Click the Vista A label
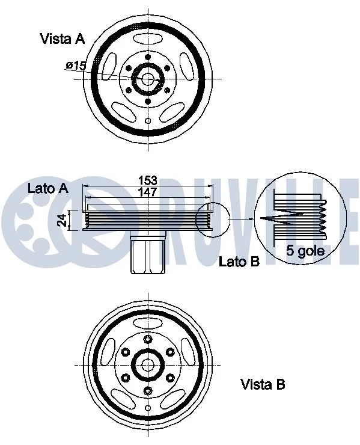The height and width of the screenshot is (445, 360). coord(62,39)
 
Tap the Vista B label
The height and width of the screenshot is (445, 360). coord(262,384)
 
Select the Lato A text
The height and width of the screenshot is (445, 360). coord(47,188)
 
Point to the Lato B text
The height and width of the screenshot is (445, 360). coord(239,262)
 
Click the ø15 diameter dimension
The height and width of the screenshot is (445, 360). coord(76,65)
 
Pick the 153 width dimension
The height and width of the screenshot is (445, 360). coord(147,180)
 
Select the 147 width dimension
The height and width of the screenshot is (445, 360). coord(147,192)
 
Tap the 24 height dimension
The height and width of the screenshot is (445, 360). coord(61,220)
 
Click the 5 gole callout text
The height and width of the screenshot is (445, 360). coord(305,251)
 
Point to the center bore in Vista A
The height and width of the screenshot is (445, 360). coord(147,79)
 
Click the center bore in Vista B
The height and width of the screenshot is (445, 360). coord(147,365)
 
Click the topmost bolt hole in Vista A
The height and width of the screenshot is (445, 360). coord(147,57)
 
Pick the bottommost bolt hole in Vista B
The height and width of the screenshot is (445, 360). coord(147,390)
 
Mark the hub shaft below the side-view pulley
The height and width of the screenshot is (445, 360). coord(147,255)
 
